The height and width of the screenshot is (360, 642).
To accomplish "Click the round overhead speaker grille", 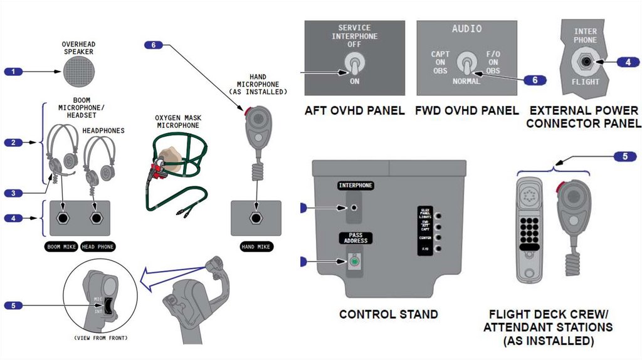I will click(78, 71).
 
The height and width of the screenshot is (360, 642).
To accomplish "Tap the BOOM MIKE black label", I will click(61, 247).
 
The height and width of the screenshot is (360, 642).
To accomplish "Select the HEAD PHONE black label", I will click(97, 247).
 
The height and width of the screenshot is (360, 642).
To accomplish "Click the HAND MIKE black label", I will click(256, 247).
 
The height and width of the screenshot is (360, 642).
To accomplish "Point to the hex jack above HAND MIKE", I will click(256, 218).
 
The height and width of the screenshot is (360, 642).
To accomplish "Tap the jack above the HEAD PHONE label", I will click(96, 218).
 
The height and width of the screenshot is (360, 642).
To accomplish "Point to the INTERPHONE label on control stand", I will click(355, 186).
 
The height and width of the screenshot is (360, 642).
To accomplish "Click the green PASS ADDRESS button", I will click(355, 261).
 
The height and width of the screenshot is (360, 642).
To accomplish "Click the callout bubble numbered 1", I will click(13, 71).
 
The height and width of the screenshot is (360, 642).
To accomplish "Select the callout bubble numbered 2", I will click(13, 142).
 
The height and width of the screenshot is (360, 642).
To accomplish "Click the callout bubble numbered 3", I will click(13, 193).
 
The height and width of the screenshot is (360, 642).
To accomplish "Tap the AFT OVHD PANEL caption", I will click(355, 111).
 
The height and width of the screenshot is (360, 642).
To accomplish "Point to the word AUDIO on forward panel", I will click(467, 29).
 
